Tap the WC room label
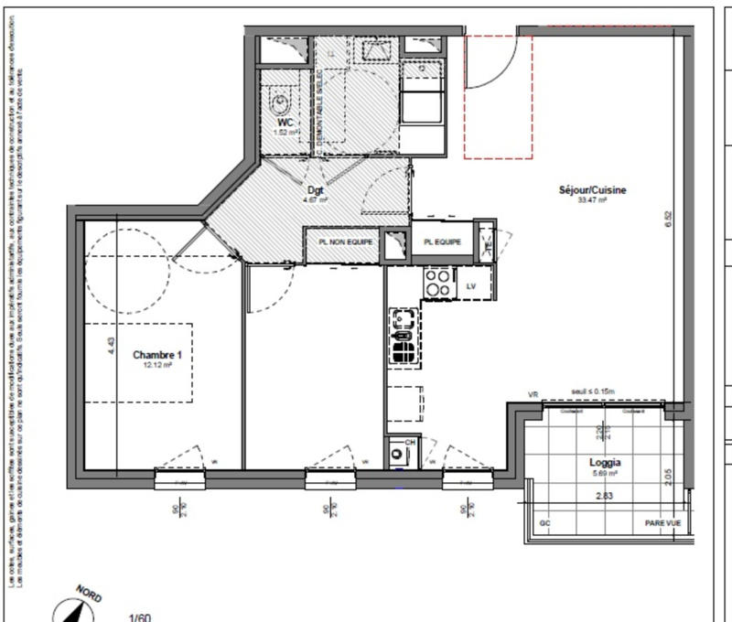pos(285,122)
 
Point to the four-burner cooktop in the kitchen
pos(436,284)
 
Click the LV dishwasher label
pos(471,286)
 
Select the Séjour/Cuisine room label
pos(592,190)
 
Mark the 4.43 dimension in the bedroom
pos(111,346)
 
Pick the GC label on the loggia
pos(545,522)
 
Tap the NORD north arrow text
pos(89,594)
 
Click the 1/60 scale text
pos(139,617)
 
